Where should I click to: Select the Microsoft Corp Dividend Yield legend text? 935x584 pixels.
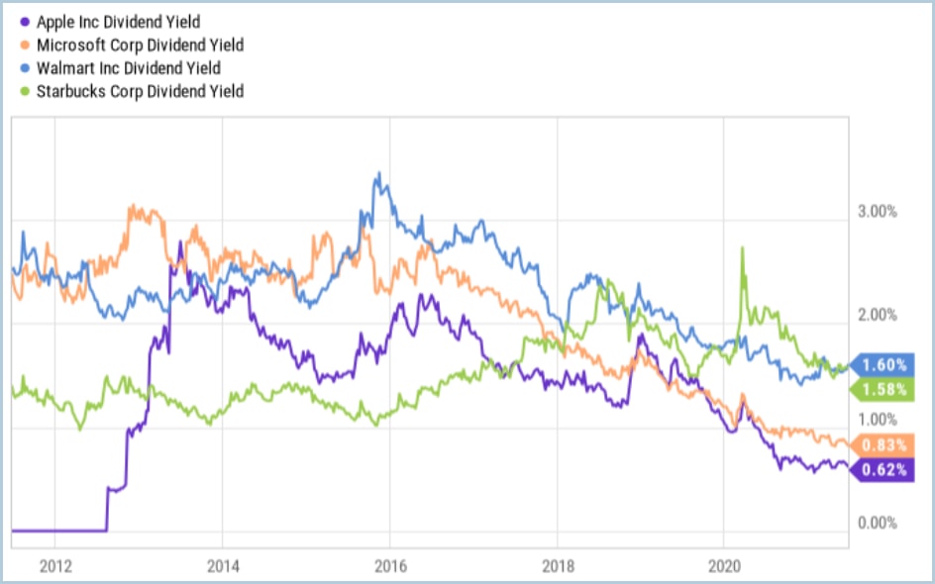point(140,45)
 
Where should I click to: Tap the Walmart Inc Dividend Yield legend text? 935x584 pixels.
point(128,68)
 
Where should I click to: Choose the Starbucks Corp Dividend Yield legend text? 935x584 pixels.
point(140,91)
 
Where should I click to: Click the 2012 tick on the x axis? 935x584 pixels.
point(54,567)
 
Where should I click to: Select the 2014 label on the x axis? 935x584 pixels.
point(222,567)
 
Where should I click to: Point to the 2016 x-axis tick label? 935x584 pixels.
point(389,567)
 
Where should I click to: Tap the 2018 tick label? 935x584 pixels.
point(557,567)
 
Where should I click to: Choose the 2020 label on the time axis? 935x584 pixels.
point(724,567)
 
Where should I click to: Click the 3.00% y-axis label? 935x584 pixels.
point(876,212)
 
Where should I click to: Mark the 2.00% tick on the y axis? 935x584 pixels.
point(876,316)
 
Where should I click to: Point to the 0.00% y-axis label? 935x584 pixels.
point(876,523)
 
